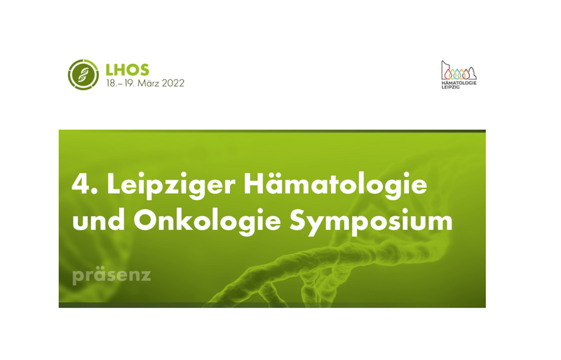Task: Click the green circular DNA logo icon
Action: [x=83, y=74]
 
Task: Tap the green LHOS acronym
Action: [x=128, y=69]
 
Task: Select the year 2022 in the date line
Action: [x=173, y=83]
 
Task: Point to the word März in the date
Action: [x=149, y=83]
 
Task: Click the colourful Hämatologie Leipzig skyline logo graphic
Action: [x=459, y=70]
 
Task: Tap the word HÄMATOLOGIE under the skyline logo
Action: [x=459, y=83]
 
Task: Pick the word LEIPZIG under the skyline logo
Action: [x=450, y=87]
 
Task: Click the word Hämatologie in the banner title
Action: [x=336, y=185]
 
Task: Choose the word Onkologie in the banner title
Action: [x=207, y=221]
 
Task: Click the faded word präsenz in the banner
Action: [x=111, y=276]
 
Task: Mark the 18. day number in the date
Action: [x=111, y=83]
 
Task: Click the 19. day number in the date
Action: [x=130, y=83]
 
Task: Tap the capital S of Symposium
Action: [x=299, y=220]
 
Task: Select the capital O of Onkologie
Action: [x=145, y=220]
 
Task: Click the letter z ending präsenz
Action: [x=146, y=276]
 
